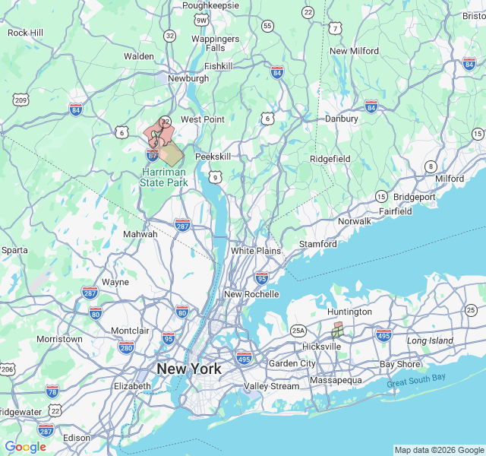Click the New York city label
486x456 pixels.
189,369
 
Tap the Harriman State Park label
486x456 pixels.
164,178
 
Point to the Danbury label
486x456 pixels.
342,119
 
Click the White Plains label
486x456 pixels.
256,251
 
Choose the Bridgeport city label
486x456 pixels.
415,196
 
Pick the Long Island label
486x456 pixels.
430,340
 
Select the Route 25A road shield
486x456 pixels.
298,331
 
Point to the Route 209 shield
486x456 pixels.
21,100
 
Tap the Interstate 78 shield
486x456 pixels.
52,391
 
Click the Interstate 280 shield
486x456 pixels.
126,347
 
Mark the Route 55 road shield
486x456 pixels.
267,26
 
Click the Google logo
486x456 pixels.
25,447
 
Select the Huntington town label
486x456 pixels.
349,312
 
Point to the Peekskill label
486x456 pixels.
213,156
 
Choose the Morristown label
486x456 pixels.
59,339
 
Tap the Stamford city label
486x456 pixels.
317,244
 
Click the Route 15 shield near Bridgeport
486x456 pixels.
381,196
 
